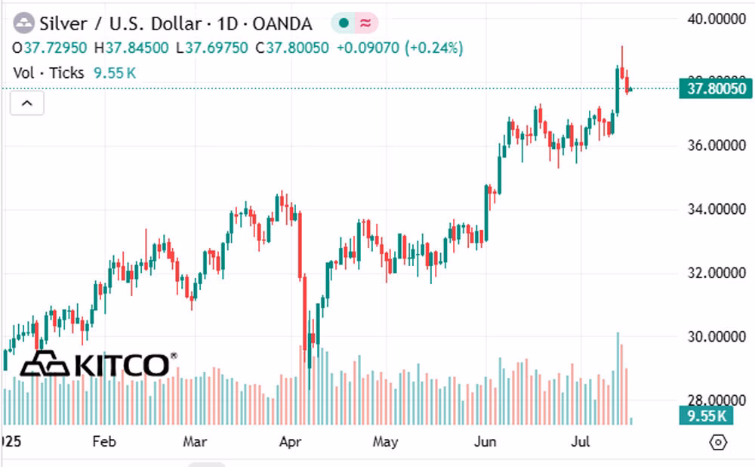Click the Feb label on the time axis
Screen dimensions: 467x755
103,441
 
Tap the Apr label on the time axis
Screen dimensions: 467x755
289,441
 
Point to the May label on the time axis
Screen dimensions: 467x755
385,441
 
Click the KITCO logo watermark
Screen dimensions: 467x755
98,365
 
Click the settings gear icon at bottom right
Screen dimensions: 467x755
719,442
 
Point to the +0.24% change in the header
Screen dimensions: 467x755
434,48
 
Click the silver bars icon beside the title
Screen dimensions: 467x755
23,23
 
